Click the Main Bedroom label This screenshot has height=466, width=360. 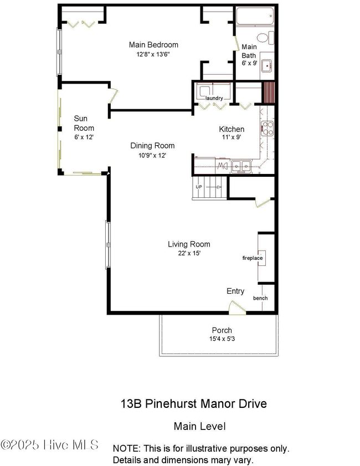pos(153,45)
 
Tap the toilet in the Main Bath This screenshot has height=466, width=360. pos(265,38)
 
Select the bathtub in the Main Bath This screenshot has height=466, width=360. pos(255,16)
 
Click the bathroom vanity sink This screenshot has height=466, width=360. pos(267,65)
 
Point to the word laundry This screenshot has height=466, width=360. pos(214,98)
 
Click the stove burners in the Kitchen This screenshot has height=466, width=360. pos(268,129)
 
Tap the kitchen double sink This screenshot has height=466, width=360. pos(241,166)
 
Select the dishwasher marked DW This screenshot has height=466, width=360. pos(222,166)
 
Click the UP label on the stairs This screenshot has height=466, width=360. pos(199,187)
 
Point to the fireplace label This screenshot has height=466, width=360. pos(253,258)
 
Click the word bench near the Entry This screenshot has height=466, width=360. pos(260,298)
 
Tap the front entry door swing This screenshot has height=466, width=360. pos(237,308)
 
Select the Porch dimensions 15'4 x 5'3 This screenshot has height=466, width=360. pos(222,339)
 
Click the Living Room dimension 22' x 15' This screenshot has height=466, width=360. pos(189,253)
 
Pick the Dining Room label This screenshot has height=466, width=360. pos(152,146)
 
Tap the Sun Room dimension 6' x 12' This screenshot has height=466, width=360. pos(84,137)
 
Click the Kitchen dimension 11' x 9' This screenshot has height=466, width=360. pos(232,137)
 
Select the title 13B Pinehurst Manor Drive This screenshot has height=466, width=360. pos(194,403)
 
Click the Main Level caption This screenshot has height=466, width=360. pos(199,426)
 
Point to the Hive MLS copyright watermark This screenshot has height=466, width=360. pos(49,445)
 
